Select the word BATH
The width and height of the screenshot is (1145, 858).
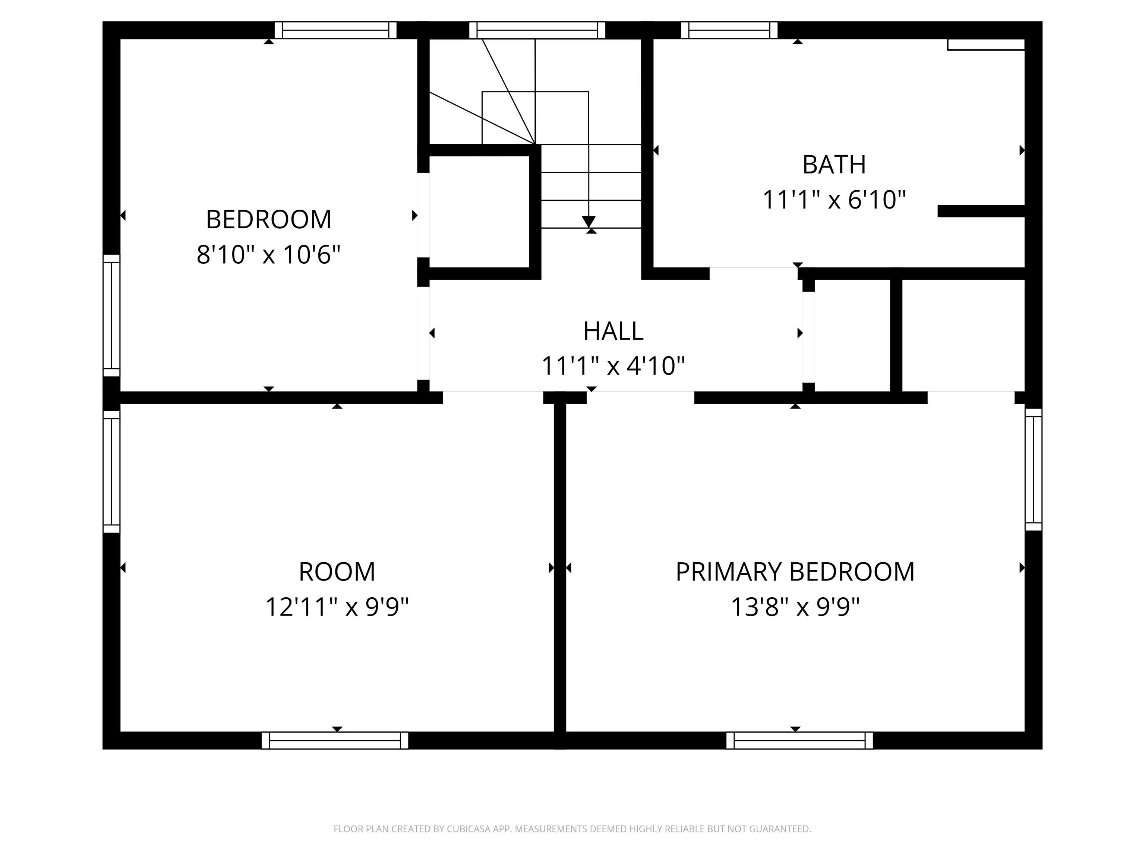click(833, 165)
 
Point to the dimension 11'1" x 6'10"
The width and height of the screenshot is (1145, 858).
click(833, 200)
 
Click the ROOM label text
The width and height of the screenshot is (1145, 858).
click(337, 572)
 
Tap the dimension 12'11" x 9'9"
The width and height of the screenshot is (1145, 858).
click(337, 607)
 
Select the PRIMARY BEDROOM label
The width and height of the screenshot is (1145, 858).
click(795, 572)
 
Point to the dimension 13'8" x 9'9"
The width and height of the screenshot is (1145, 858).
click(795, 607)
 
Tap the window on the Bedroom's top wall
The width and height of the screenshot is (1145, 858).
click(335, 30)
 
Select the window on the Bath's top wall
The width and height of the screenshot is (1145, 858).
click(729, 30)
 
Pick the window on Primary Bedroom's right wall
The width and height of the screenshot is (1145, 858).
click(1033, 469)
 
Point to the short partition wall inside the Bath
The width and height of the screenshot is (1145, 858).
click(981, 211)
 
